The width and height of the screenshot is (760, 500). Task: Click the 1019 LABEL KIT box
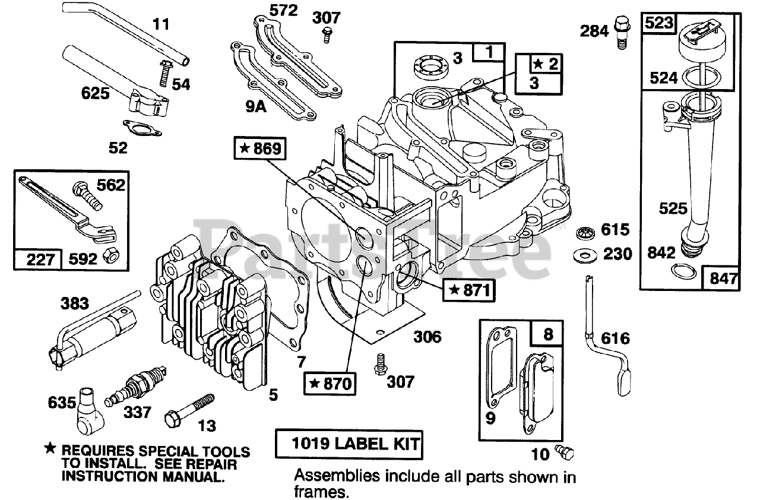[349, 443]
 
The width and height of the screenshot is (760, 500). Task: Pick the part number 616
[615, 338]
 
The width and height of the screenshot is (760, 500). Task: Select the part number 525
[673, 208]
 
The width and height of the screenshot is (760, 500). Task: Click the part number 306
[427, 337]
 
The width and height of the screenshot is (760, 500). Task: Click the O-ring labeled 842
[684, 273]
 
